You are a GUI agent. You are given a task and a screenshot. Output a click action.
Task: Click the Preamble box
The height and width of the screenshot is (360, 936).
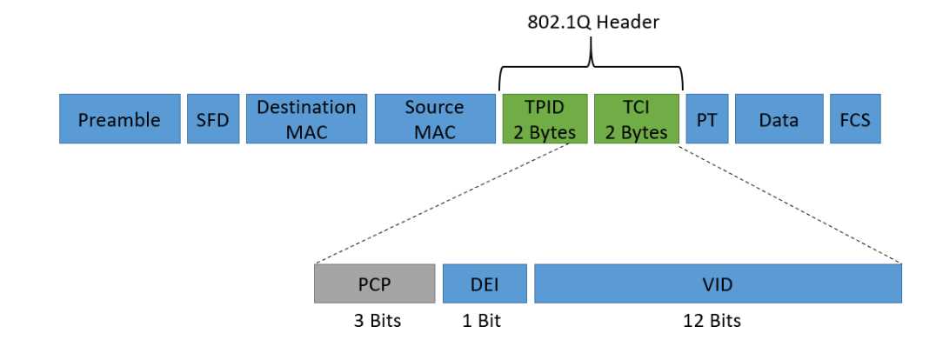tap(119, 118)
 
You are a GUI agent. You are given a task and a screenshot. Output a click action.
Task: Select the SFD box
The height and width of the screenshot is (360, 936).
tap(213, 118)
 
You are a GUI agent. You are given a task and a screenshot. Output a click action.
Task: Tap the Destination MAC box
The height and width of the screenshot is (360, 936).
tap(306, 118)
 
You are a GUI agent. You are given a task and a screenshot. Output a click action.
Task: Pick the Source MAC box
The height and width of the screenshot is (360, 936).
tap(435, 118)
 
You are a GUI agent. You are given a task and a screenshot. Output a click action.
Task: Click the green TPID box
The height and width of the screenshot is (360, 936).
tap(545, 118)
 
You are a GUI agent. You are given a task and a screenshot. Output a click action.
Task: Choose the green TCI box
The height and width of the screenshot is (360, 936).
tap(637, 118)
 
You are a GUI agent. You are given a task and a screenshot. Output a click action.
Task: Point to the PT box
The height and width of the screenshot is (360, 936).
tap(706, 118)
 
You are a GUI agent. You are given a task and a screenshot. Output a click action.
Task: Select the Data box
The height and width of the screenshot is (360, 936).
tap(779, 118)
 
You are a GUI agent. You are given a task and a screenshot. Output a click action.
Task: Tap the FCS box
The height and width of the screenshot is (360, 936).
tap(855, 118)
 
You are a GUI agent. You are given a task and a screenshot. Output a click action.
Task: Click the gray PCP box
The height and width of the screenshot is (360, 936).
tap(374, 283)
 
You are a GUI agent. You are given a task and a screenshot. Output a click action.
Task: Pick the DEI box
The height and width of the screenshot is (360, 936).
tap(485, 283)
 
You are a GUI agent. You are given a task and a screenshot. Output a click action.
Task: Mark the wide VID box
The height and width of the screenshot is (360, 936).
tap(718, 283)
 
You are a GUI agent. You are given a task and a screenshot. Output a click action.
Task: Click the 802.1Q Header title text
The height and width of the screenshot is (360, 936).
tap(592, 22)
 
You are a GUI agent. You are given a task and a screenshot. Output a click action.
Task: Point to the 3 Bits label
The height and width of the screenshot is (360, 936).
tap(378, 321)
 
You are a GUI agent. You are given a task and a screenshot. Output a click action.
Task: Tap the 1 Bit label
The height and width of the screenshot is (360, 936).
tap(481, 321)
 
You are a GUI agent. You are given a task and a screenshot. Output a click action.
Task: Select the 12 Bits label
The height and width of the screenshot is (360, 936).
tap(712, 321)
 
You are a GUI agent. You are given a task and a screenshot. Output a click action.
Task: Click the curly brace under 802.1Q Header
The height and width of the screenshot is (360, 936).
tap(591, 65)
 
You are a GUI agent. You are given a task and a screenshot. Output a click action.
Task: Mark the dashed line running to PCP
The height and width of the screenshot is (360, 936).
tap(443, 203)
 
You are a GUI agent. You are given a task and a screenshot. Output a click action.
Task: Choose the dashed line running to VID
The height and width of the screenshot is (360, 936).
tap(790, 203)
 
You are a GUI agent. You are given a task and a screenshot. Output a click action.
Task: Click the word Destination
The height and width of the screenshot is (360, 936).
tap(306, 107)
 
